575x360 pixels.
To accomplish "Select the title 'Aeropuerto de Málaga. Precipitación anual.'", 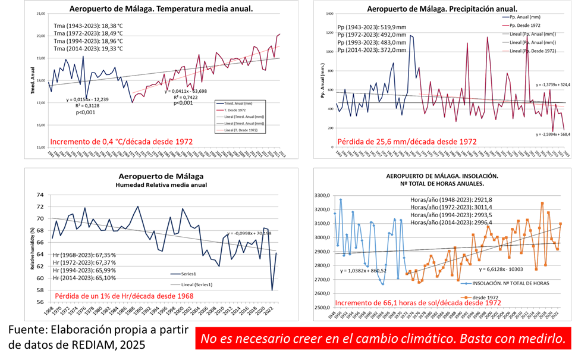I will coord(441,9).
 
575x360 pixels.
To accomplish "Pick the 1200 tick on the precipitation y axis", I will coord(328,33).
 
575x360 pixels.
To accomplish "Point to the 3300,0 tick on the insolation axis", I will coord(321,196).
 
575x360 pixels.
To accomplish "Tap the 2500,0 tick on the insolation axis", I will coord(321,308).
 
